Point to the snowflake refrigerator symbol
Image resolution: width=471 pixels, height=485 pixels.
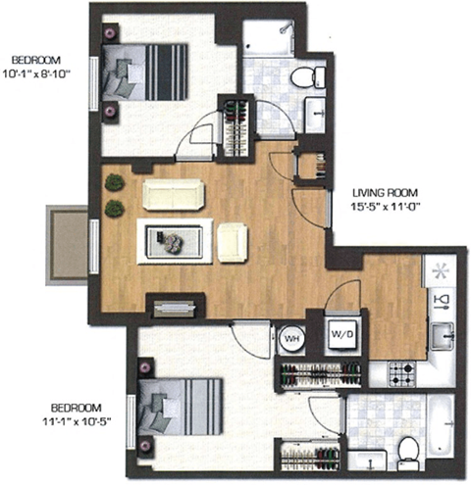pos(441,268)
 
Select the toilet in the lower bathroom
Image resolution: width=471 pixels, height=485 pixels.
pos(409,449)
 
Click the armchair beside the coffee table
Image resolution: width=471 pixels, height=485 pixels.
pos(233,242)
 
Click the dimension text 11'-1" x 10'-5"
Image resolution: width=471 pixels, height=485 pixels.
pos(78,419)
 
